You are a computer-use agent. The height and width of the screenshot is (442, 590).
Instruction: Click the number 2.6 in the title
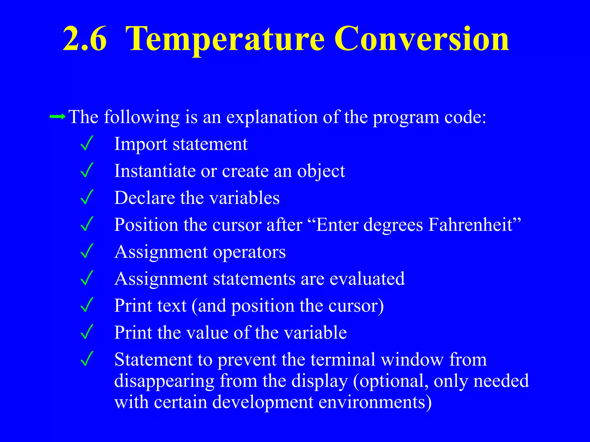tap(85, 39)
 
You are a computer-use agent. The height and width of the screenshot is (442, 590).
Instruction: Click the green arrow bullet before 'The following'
tap(58, 117)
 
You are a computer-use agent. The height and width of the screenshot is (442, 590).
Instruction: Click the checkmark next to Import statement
tap(87, 143)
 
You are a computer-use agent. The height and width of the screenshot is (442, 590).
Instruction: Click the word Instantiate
tap(155, 171)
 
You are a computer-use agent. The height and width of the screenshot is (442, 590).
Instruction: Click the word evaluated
tap(367, 279)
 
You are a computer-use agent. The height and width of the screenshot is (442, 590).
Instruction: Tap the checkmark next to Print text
tap(87, 305)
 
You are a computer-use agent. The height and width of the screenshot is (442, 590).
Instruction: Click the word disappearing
tap(164, 381)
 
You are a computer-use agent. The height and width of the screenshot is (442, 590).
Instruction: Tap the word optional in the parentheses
tap(393, 381)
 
